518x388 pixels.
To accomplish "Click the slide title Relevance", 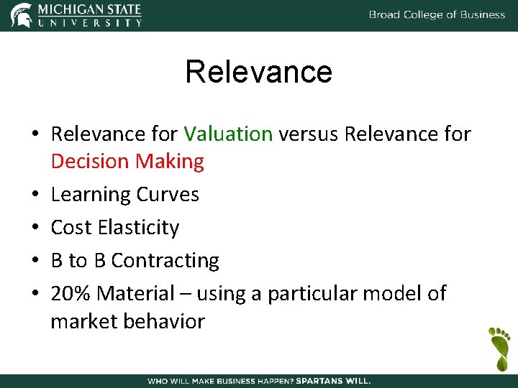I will coord(259,72).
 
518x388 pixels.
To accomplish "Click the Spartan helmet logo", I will coord(21,15).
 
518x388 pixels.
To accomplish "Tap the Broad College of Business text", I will coord(437,14).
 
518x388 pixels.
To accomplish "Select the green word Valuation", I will coord(228,134).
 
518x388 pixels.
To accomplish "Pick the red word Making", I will coord(170,161).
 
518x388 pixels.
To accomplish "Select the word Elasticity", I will coord(138,227).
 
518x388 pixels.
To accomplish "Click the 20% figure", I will coord(71,293).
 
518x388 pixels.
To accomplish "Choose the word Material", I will coord(136,293).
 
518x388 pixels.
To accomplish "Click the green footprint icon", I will coord(498,346).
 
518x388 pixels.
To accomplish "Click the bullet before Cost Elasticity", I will coord(35,228).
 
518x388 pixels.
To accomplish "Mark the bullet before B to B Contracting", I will coord(35,261).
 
